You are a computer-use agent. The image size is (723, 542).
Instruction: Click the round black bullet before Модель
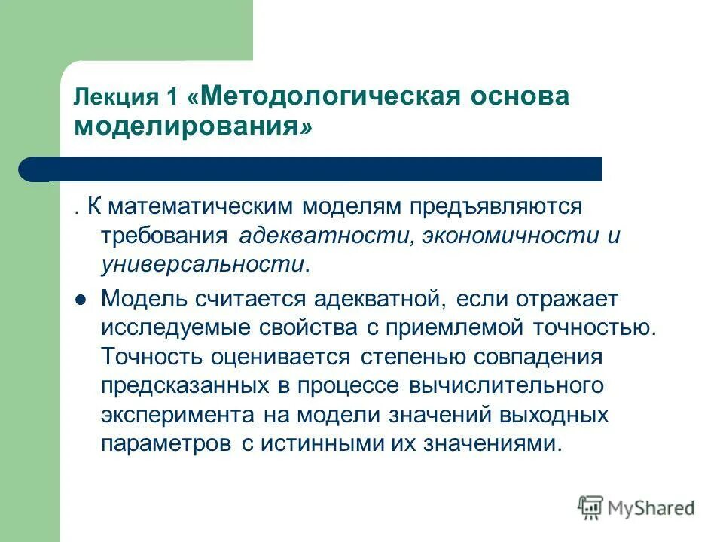pos(81,299)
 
